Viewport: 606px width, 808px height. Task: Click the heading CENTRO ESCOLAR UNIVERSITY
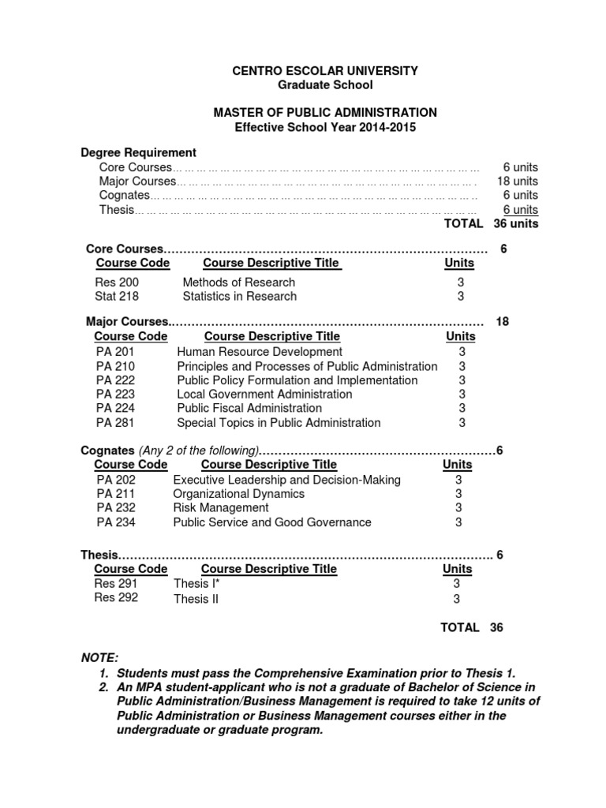click(325, 71)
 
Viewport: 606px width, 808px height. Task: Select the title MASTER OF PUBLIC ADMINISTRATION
click(325, 113)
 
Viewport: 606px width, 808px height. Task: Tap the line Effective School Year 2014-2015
click(325, 127)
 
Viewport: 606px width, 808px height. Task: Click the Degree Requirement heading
click(139, 152)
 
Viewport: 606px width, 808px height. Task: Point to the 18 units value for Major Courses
click(517, 181)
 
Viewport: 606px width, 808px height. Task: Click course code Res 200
click(117, 282)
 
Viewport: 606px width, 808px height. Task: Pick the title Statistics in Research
click(239, 297)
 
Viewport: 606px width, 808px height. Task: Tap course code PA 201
click(115, 352)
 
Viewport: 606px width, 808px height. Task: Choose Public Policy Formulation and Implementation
click(297, 380)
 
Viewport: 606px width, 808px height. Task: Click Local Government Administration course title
click(264, 395)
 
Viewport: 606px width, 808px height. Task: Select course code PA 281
click(115, 423)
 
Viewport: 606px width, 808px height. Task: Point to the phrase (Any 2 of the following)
click(199, 451)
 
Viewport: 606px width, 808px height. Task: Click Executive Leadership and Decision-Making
click(286, 480)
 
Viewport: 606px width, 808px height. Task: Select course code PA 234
click(115, 522)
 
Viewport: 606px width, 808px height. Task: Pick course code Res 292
click(116, 598)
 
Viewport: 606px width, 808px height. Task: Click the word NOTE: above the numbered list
click(99, 658)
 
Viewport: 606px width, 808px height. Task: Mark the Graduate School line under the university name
click(325, 85)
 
